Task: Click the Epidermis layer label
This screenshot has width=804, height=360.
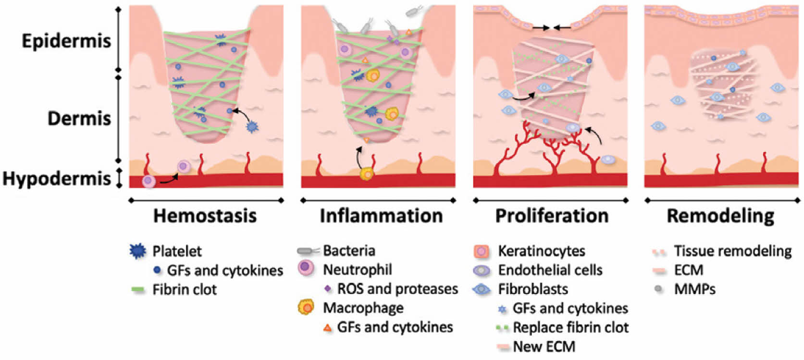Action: (66, 41)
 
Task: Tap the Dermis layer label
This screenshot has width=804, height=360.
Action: (79, 118)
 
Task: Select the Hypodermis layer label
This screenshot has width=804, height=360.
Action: (57, 178)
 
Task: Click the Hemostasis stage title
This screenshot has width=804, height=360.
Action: (205, 216)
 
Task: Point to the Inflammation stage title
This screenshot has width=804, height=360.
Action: (381, 216)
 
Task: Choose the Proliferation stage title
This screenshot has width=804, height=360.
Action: (552, 216)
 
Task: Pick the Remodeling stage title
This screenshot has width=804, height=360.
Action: (720, 216)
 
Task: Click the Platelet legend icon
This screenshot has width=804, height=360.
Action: (138, 251)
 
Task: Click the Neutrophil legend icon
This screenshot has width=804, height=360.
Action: (306, 269)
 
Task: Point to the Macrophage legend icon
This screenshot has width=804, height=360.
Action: (306, 307)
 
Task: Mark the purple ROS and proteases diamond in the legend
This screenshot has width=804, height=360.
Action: (328, 289)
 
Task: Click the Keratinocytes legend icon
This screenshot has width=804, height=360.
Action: (482, 251)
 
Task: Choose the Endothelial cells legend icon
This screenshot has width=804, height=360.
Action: (482, 271)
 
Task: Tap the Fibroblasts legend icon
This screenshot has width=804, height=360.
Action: (482, 289)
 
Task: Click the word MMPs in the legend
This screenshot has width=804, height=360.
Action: (694, 289)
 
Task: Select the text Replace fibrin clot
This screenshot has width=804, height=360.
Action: (570, 327)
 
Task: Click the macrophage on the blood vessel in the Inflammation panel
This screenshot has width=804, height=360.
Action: (367, 174)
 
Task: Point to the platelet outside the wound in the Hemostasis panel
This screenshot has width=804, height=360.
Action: (252, 127)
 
